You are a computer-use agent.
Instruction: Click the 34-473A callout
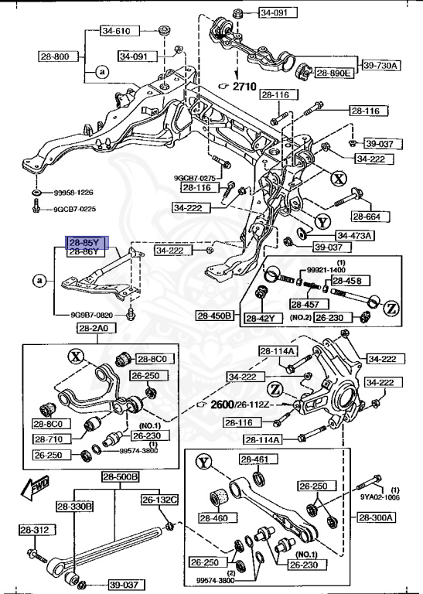[354, 235]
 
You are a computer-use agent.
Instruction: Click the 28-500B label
[120, 477]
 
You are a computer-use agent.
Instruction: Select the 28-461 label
[254, 459]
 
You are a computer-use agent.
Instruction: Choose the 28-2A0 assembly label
[95, 329]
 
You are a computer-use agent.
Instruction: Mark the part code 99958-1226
[74, 193]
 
